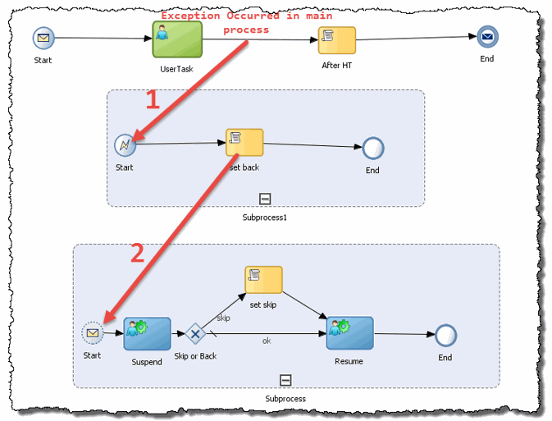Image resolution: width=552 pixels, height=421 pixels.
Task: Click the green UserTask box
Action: click(171, 39)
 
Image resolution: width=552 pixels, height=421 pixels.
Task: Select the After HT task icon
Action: click(336, 40)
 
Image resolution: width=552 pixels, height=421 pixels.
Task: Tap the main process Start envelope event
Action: click(43, 38)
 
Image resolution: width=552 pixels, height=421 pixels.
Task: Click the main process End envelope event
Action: click(488, 37)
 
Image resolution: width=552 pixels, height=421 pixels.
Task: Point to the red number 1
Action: click(152, 100)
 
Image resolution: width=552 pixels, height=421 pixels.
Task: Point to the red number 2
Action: click(138, 253)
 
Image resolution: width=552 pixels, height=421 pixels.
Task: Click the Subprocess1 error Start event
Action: click(125, 145)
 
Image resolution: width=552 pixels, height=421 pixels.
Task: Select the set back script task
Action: click(244, 142)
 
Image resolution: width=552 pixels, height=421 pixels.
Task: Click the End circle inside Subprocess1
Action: click(373, 149)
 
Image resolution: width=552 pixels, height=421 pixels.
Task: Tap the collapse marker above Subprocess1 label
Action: click(265, 198)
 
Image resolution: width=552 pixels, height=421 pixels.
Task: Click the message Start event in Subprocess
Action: click(93, 333)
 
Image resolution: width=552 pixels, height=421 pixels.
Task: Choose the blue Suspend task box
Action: click(147, 333)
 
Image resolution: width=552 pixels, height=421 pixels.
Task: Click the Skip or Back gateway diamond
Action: click(194, 334)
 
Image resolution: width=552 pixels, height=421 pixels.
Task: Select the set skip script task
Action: click(263, 280)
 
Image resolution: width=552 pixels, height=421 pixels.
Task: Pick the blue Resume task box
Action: click(349, 333)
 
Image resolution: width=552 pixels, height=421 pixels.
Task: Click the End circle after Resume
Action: click(445, 335)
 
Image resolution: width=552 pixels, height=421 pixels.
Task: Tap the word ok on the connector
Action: click(267, 341)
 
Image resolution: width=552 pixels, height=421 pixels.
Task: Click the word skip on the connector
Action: click(223, 317)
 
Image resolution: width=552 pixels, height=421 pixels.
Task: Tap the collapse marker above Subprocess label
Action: click(285, 379)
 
